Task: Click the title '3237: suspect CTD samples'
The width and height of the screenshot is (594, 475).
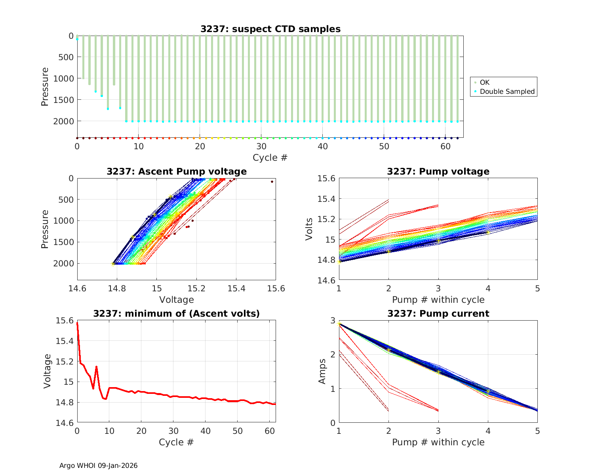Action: coord(270,29)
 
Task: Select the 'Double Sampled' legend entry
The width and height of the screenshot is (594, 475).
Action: coord(507,91)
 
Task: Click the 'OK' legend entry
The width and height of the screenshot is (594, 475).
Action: coord(484,82)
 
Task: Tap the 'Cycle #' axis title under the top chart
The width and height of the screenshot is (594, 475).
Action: coord(270,158)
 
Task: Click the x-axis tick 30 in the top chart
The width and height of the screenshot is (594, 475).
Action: coord(261,146)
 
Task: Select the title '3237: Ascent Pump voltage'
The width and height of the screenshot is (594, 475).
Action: coord(176,171)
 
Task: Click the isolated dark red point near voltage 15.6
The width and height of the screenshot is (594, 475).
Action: coord(272,182)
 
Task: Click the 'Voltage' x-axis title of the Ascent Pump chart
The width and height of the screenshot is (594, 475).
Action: coord(176,300)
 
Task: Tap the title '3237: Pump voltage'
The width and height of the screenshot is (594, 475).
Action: coord(438,171)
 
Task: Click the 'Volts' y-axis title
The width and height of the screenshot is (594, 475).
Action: coord(309,229)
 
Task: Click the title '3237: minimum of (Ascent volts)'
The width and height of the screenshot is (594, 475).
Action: coord(176,313)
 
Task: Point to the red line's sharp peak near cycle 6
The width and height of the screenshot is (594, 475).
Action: coord(96,367)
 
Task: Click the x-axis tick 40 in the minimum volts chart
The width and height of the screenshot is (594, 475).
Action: coord(205,431)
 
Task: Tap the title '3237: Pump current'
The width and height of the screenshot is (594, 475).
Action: coord(438,313)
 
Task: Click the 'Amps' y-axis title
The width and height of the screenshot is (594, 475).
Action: coord(323,371)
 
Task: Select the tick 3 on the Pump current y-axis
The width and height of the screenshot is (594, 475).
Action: coord(333,320)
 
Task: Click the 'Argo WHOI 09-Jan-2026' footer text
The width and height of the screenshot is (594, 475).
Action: coord(98,465)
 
